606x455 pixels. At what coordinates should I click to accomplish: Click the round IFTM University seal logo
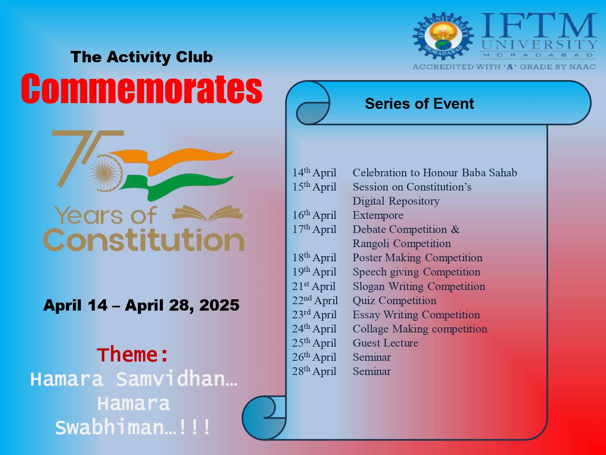pyautogui.click(x=443, y=36)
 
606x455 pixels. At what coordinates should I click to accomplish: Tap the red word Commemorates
pyautogui.click(x=142, y=89)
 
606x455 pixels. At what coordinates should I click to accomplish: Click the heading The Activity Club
pyautogui.click(x=142, y=57)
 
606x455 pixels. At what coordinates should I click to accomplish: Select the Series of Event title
pyautogui.click(x=419, y=104)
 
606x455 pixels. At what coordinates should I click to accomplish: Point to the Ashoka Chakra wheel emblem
pyautogui.click(x=105, y=173)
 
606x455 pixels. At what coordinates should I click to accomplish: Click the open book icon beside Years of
pyautogui.click(x=207, y=214)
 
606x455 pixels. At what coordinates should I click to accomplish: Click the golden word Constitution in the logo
pyautogui.click(x=143, y=240)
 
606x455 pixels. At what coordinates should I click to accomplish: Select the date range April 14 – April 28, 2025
pyautogui.click(x=141, y=305)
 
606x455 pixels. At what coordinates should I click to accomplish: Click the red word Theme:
pyautogui.click(x=133, y=354)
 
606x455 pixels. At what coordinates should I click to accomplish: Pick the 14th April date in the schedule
pyautogui.click(x=314, y=173)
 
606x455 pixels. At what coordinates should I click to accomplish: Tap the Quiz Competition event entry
pyautogui.click(x=395, y=301)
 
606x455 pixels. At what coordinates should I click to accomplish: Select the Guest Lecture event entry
pyautogui.click(x=385, y=343)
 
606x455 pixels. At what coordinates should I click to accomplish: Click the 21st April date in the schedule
pyautogui.click(x=314, y=286)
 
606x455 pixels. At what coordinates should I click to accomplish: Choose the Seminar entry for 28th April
pyautogui.click(x=372, y=372)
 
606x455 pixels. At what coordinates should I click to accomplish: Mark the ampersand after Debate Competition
pyautogui.click(x=455, y=229)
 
